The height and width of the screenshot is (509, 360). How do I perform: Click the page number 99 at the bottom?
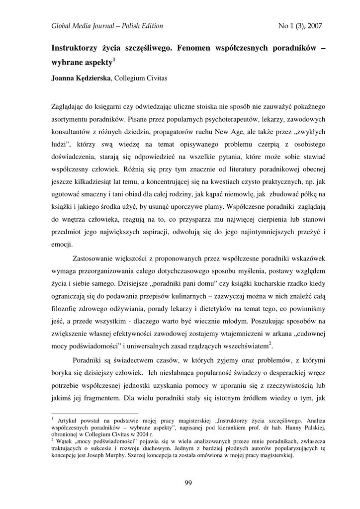(188, 483)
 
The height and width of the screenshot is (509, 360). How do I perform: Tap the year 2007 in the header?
(314, 26)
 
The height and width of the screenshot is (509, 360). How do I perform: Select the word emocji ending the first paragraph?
(62, 244)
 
